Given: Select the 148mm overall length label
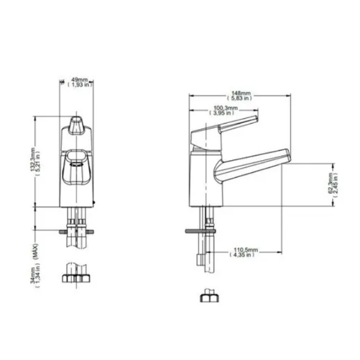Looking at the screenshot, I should pos(242,94).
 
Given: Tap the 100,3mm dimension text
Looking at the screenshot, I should pos(226,108).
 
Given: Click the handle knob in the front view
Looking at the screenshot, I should pos(76,125).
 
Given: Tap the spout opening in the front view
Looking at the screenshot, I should pos(76,158).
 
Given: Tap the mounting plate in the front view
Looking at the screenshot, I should pos(76,230).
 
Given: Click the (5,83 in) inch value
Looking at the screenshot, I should pos(242,99).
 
